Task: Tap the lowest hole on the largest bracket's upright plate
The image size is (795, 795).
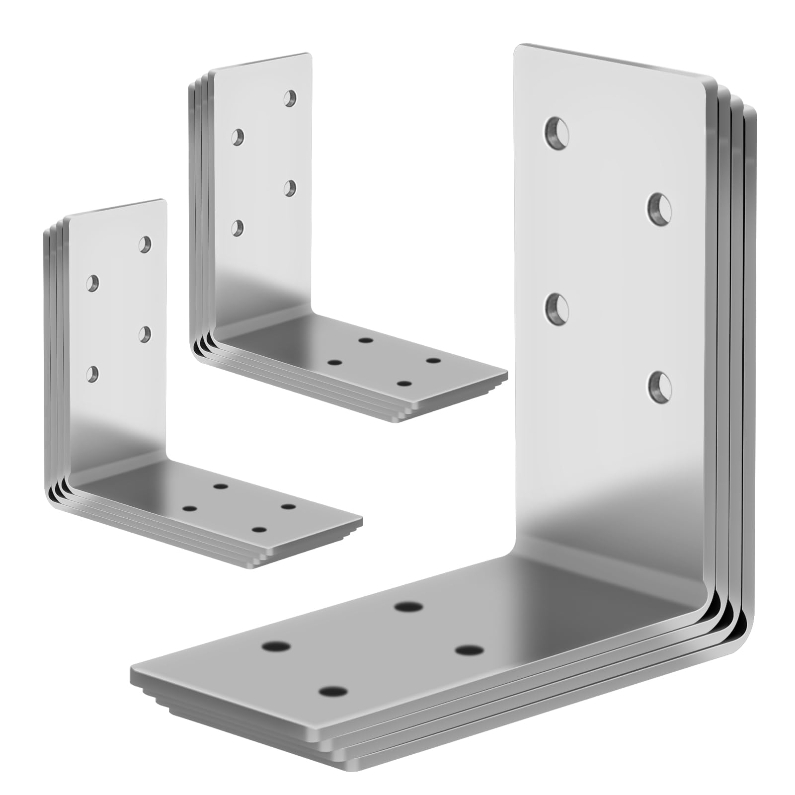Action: [659, 386]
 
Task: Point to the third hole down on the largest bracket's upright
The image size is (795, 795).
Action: [557, 309]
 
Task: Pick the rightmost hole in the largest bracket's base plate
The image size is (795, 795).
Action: [469, 650]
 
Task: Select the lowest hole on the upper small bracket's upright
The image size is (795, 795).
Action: [239, 228]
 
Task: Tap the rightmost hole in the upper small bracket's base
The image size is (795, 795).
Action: [434, 360]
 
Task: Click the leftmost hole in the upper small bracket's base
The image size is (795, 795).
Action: [335, 363]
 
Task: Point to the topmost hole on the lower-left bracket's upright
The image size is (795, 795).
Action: [145, 243]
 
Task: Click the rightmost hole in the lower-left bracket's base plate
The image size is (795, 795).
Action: [288, 507]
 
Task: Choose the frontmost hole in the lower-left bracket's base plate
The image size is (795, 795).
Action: [257, 530]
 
